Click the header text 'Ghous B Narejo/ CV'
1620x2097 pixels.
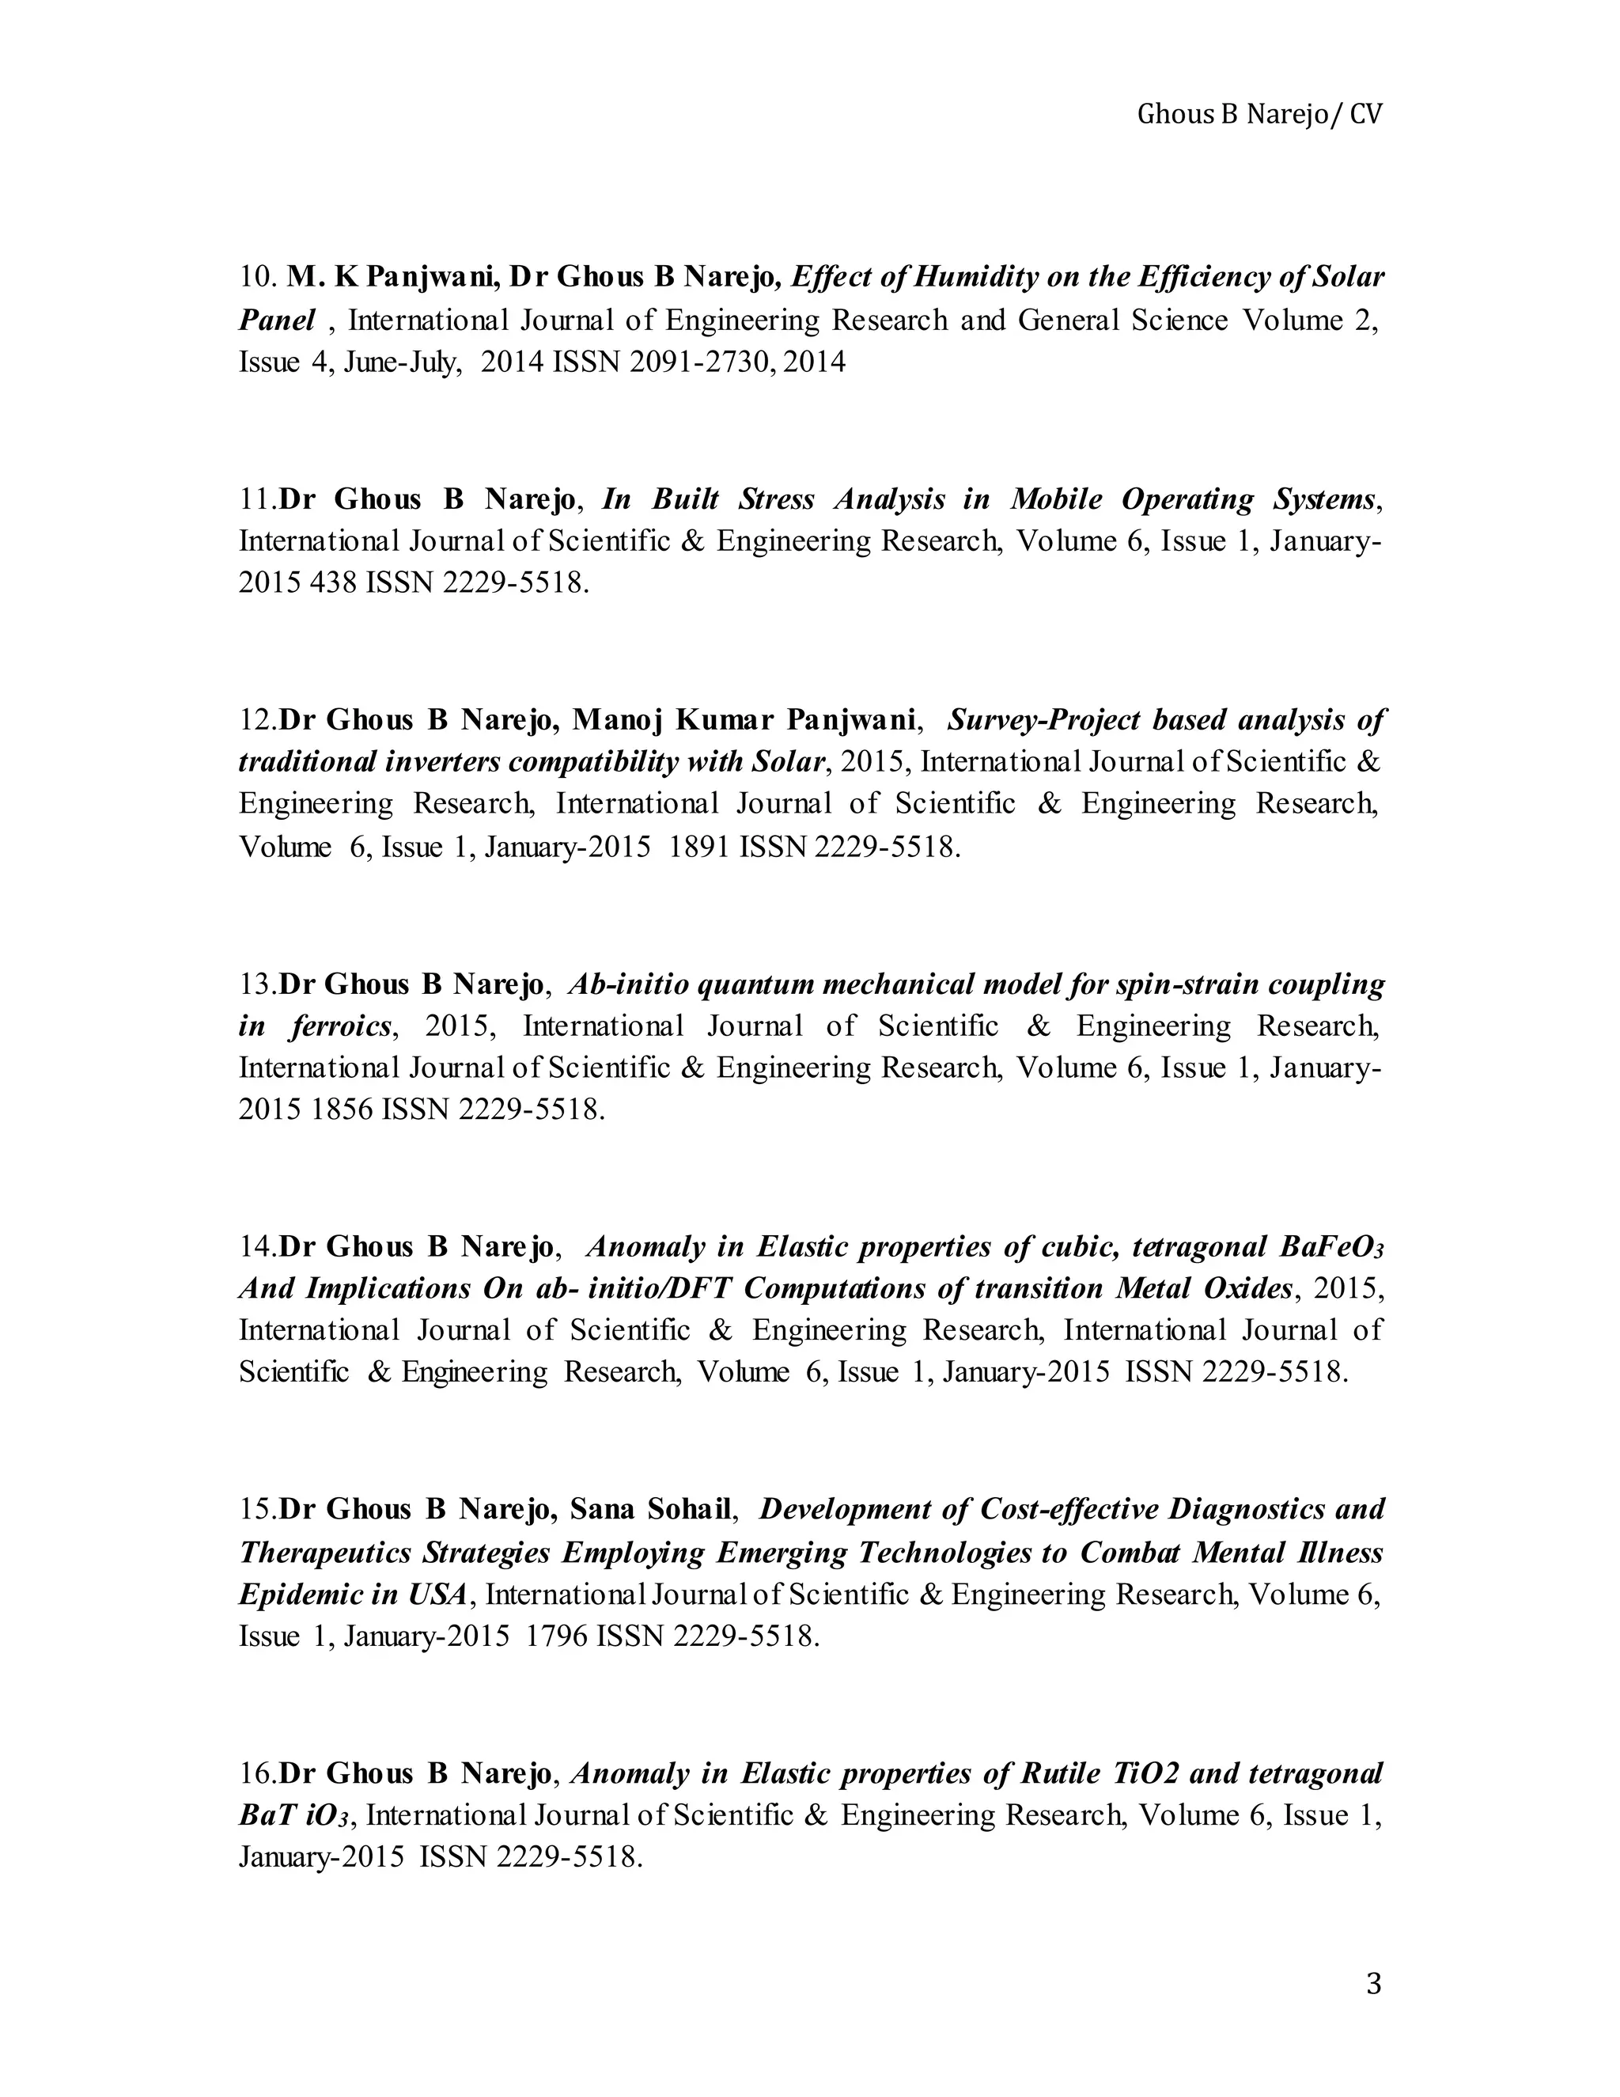click(x=1259, y=116)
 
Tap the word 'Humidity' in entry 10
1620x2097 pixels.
click(x=976, y=278)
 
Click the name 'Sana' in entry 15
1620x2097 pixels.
click(x=603, y=1509)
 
